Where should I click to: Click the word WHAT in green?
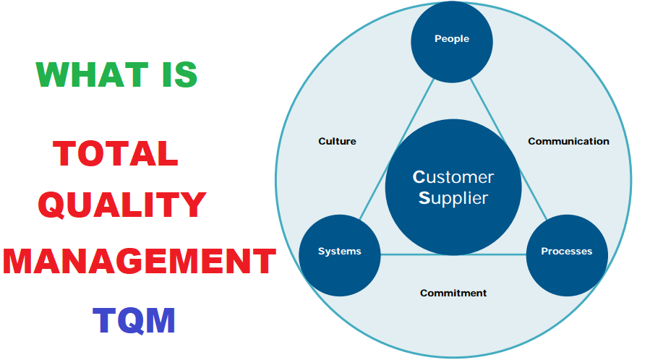coord(92,74)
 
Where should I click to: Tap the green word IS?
coord(179,74)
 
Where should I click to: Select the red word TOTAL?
coord(116,154)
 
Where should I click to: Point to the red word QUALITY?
coord(122,205)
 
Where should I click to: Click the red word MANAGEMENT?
coord(140,261)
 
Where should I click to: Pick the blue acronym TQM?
coord(134,320)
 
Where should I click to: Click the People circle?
coord(452,42)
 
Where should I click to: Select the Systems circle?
coord(340,255)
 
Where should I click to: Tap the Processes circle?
coord(567,255)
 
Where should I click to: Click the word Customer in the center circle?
coord(453,177)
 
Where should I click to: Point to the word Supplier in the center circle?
coord(453,198)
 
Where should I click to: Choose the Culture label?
coord(337,141)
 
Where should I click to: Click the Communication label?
coord(568,141)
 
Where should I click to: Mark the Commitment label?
coord(453,293)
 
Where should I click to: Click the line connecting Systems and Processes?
coord(453,254)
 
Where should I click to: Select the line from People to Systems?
coord(397,149)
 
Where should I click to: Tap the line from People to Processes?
coord(508,149)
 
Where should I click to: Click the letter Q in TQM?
coord(134,321)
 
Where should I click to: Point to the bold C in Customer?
coord(419,177)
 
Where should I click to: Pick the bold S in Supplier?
coord(424,198)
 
